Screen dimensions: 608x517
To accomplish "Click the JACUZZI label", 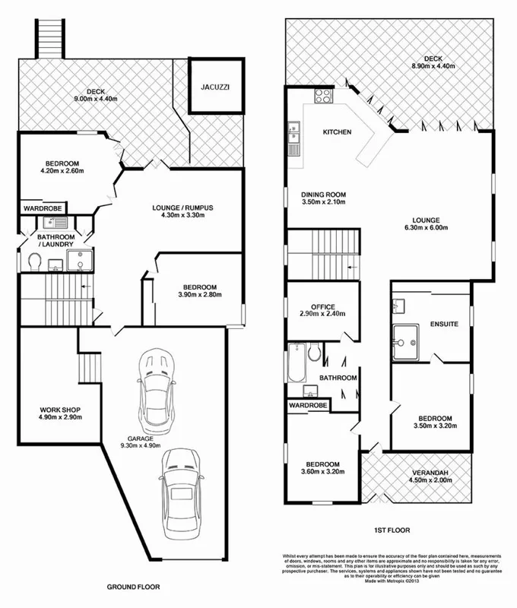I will click(x=210, y=87).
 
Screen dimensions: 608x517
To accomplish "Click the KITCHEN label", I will click(x=337, y=132).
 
